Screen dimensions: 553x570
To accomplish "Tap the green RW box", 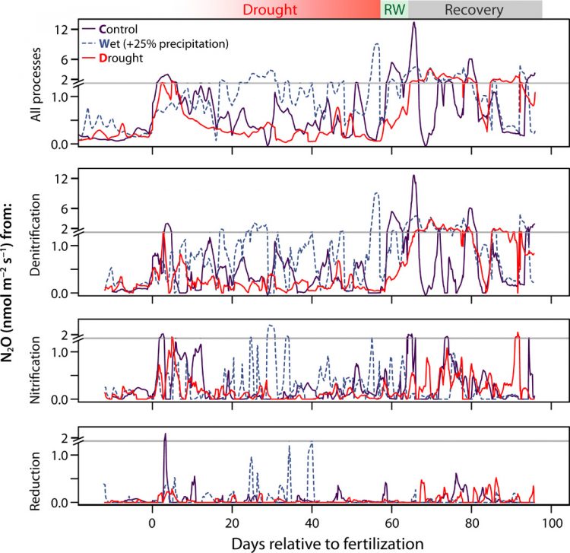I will [x=394, y=10].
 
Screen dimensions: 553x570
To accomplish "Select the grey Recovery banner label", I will [x=473, y=10].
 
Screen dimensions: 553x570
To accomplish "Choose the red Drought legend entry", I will [x=127, y=58].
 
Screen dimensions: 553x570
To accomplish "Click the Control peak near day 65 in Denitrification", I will [x=414, y=176].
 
